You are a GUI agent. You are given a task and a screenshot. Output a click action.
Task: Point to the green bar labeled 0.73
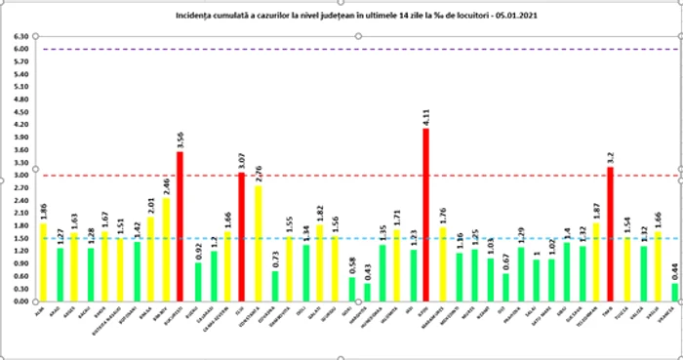274,286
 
